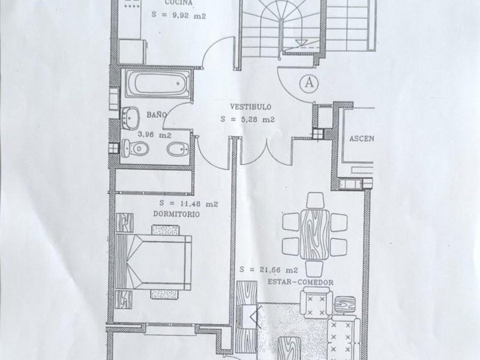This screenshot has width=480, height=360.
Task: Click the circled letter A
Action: (309, 82)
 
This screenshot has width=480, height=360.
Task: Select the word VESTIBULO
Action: (250, 107)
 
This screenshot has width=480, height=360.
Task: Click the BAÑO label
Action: (156, 115)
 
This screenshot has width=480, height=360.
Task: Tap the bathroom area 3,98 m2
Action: (155, 135)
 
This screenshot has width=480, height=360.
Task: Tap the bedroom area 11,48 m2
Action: (189, 203)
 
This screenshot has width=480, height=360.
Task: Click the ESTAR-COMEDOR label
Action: (300, 282)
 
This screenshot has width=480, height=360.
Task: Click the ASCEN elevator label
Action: (362, 139)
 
